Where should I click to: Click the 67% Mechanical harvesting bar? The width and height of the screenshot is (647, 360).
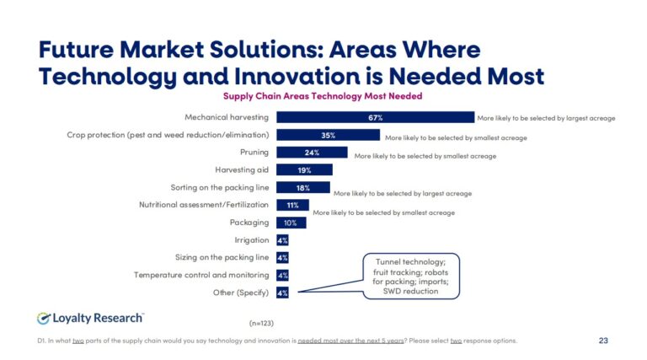point(375,117)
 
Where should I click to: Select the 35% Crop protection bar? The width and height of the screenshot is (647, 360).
point(328,135)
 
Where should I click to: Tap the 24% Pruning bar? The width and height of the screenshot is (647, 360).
point(312,153)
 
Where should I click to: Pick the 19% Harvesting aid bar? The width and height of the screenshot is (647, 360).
point(304,170)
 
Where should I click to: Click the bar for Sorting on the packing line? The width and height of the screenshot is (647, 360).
point(302,187)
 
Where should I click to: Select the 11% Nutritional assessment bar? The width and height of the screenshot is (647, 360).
point(292,205)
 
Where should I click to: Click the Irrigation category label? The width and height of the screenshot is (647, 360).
point(251,240)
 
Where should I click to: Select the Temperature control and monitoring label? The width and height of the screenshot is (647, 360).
point(201,275)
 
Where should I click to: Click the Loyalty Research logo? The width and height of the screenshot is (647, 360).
point(91,318)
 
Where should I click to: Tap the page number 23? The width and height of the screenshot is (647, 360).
point(602,341)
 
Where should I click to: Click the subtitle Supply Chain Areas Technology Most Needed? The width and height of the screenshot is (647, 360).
point(322,96)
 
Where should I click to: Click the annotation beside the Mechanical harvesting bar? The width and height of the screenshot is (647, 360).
point(546,118)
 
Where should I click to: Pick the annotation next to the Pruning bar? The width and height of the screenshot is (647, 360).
point(425,156)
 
